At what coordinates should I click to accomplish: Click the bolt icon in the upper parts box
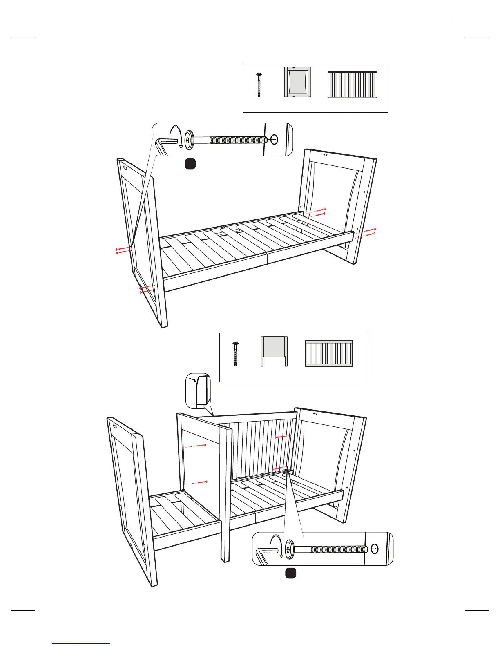(259, 85)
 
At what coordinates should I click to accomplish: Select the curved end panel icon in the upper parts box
(297, 82)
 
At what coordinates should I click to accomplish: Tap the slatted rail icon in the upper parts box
(352, 85)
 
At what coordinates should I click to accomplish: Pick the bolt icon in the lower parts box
(235, 354)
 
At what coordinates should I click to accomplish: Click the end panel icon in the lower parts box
(274, 351)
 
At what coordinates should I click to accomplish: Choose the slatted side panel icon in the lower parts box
(328, 353)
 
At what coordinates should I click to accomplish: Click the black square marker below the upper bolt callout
(190, 164)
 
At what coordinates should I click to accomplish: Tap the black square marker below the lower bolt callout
(290, 573)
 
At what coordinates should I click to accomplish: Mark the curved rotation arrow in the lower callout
(278, 547)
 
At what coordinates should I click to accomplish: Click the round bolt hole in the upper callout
(274, 140)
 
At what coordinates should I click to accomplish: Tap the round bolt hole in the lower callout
(375, 549)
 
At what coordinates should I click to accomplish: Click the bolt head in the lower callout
(290, 549)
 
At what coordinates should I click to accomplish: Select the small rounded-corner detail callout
(199, 390)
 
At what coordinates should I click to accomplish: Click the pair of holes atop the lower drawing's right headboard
(315, 413)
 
